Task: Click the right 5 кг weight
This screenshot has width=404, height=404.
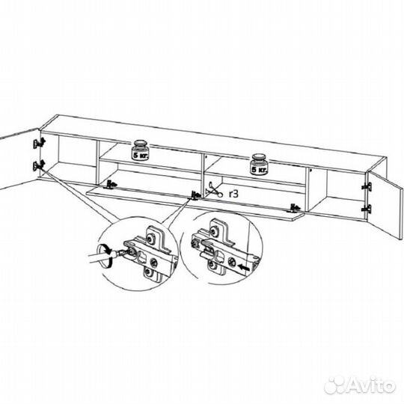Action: (x=259, y=164)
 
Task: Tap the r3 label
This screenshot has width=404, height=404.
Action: (x=233, y=194)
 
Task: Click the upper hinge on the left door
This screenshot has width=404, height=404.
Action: (x=39, y=143)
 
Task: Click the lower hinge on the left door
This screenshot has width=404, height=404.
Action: (x=39, y=165)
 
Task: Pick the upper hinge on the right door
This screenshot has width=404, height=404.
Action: (x=367, y=186)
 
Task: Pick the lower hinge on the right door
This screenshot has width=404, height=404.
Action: (x=367, y=209)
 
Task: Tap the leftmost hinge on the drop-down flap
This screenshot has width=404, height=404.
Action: (x=111, y=185)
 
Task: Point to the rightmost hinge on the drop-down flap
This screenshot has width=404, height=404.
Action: (x=294, y=208)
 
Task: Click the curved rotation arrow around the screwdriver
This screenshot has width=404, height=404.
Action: (x=105, y=256)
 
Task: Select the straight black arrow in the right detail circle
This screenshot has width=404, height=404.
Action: (x=244, y=268)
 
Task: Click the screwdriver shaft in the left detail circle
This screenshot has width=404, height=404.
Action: (x=102, y=258)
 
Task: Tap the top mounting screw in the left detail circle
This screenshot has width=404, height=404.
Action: (x=150, y=239)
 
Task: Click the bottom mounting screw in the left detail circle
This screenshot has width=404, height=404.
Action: (x=148, y=272)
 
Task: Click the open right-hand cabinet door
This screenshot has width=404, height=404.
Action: (x=385, y=205)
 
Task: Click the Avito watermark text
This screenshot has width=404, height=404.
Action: (x=370, y=386)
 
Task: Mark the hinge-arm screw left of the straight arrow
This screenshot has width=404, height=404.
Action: (x=230, y=262)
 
